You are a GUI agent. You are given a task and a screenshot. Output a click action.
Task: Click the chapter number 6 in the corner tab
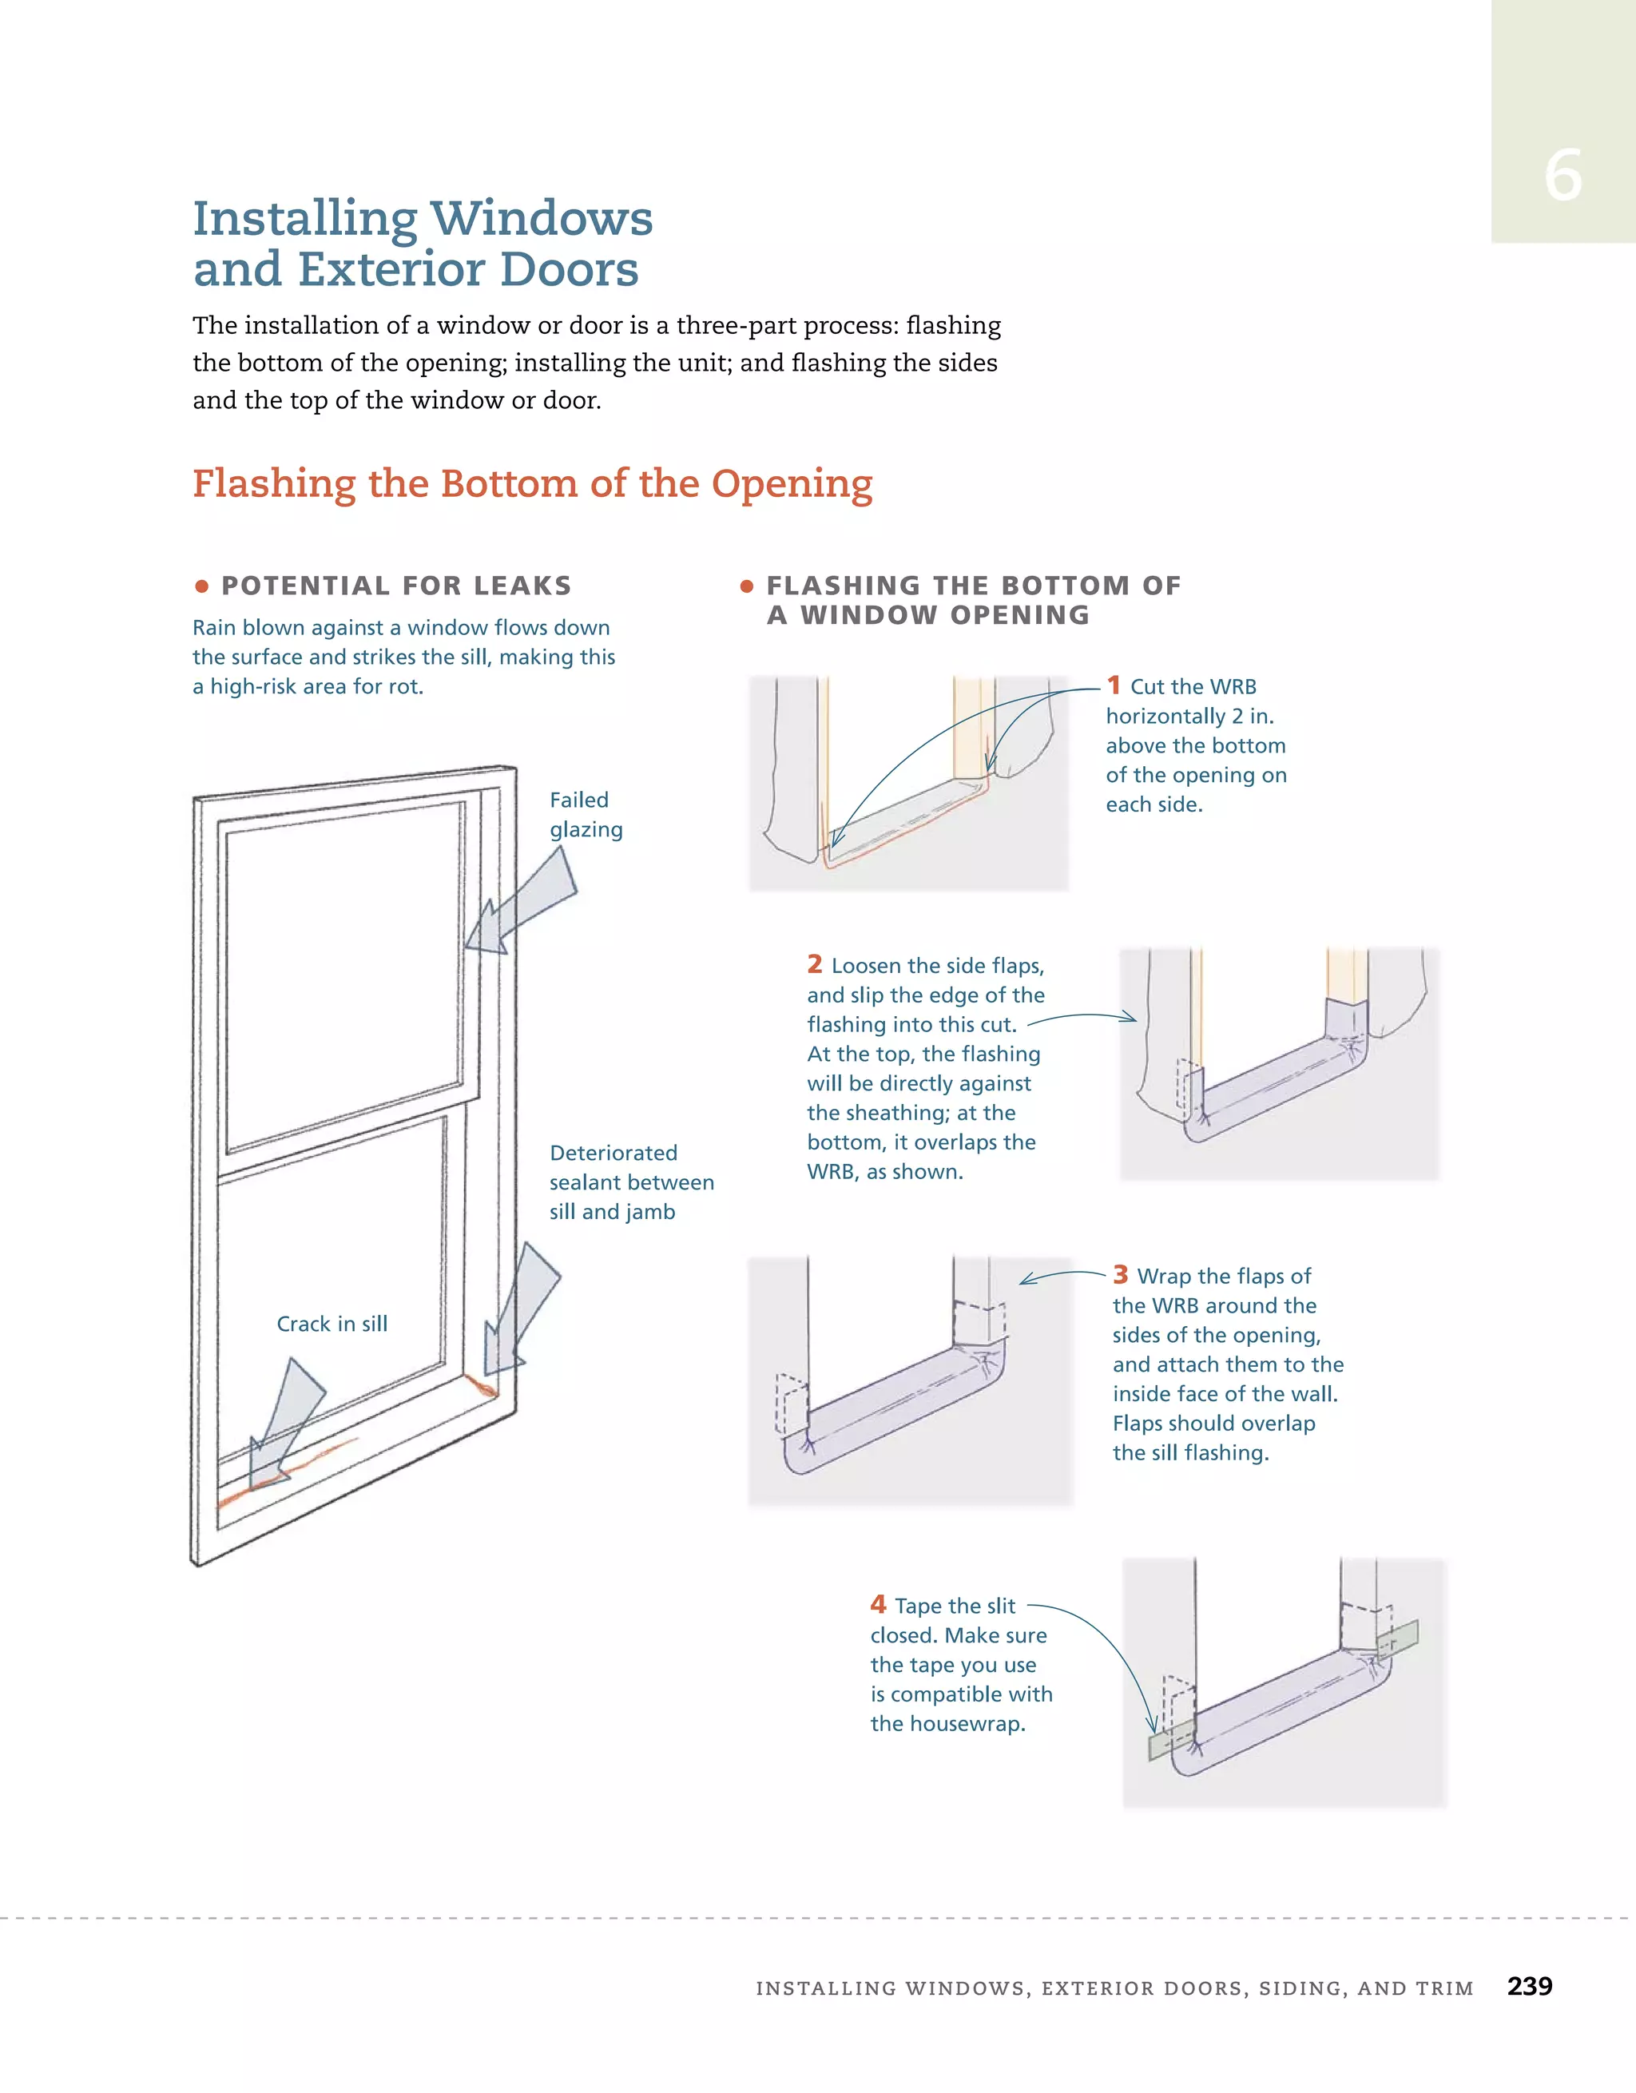pyautogui.click(x=1563, y=177)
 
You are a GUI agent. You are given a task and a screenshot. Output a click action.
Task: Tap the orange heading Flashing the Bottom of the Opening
pyautogui.click(x=532, y=483)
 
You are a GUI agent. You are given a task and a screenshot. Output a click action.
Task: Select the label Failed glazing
pyautogui.click(x=586, y=815)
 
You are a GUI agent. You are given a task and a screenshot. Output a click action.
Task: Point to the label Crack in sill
pyautogui.click(x=332, y=1324)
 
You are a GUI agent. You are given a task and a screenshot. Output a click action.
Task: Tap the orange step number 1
pyautogui.click(x=1114, y=685)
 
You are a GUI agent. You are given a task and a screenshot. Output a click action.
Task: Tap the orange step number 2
pyautogui.click(x=815, y=964)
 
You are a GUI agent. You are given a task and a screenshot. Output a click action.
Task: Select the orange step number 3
pyautogui.click(x=1121, y=1275)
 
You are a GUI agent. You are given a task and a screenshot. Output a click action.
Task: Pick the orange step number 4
pyautogui.click(x=878, y=1604)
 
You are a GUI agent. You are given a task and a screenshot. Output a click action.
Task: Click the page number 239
pyautogui.click(x=1529, y=1986)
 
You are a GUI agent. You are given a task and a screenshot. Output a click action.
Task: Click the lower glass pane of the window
pyautogui.click(x=331, y=1275)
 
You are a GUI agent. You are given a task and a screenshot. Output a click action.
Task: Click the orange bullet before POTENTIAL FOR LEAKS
pyautogui.click(x=201, y=586)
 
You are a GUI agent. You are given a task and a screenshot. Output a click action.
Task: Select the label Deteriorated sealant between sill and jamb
pyautogui.click(x=630, y=1182)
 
